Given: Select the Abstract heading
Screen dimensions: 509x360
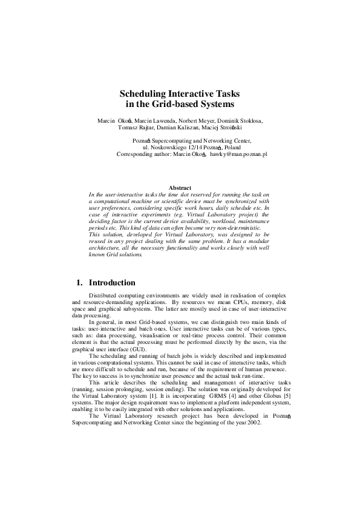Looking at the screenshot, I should [x=180, y=188].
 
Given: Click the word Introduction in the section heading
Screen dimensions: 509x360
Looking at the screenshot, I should [x=112, y=282].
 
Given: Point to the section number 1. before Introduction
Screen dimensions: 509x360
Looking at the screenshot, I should [x=79, y=282].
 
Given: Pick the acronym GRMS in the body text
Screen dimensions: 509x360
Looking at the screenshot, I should [x=222, y=394].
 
